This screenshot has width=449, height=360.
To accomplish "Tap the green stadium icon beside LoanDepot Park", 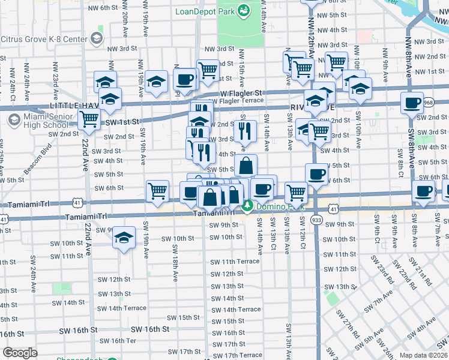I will [244, 10].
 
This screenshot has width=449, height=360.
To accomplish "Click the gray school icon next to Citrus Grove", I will [96, 39].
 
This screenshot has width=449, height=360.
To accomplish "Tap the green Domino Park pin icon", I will [247, 207].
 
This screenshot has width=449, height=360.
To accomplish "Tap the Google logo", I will [20, 353].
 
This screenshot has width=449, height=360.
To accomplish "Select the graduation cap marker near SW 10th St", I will [124, 239].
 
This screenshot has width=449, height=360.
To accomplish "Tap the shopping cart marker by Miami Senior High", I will [89, 120].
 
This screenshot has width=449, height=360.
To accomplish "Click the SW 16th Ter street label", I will [118, 341].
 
